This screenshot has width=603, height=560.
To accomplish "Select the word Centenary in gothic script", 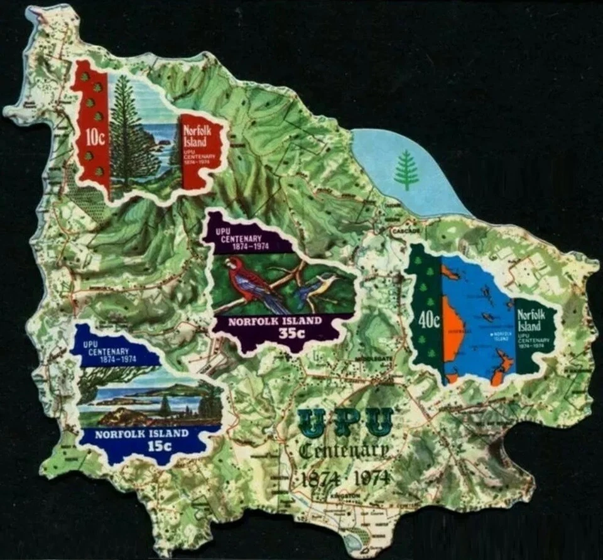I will click(343, 450).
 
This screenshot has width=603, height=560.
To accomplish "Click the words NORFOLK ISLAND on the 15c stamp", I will click(141, 434).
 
